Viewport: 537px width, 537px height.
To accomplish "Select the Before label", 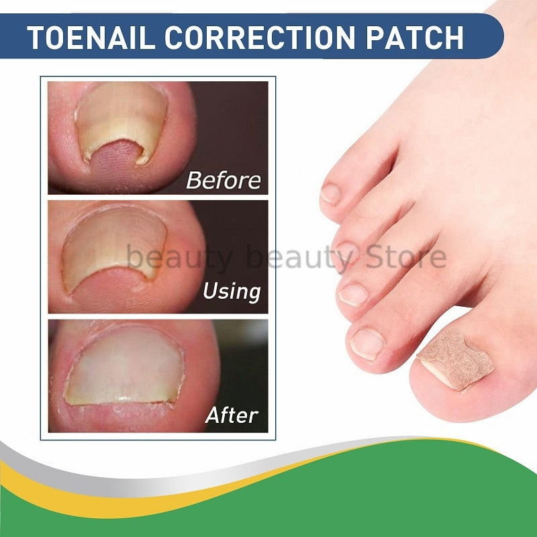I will (222, 180).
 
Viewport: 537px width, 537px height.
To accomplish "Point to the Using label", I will (231, 291).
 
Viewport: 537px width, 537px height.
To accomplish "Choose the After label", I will (232, 415).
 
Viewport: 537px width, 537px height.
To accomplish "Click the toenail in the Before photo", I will (121, 121).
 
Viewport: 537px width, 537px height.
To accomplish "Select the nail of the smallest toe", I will (330, 193).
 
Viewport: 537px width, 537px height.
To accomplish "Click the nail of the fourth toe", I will (343, 250).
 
